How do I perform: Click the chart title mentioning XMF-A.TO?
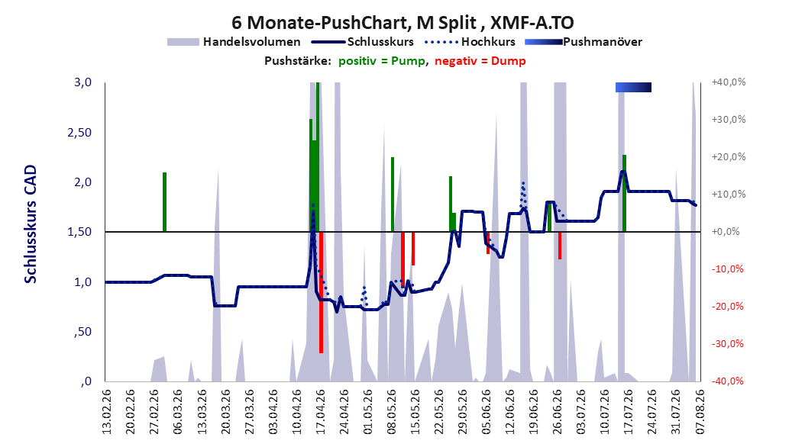[x=402, y=23]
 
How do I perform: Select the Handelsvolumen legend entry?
[x=234, y=42]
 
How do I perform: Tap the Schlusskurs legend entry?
[x=364, y=42]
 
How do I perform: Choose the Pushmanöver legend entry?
[x=584, y=42]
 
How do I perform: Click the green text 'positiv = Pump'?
[x=382, y=61]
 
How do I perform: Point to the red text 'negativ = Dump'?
[x=480, y=61]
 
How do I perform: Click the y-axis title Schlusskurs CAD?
[x=31, y=224]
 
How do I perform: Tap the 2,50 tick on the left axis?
[x=79, y=132]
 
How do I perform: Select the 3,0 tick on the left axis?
[x=82, y=82]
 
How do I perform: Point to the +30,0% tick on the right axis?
[x=729, y=120]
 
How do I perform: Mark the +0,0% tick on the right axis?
[x=726, y=232]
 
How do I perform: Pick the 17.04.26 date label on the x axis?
[x=321, y=412]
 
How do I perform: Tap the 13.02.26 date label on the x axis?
[x=107, y=412]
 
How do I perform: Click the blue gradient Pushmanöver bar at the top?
[x=633, y=87]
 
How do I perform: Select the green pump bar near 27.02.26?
[x=164, y=202]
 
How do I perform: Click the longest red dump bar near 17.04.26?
[x=321, y=292]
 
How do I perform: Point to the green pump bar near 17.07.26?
[x=624, y=193]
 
